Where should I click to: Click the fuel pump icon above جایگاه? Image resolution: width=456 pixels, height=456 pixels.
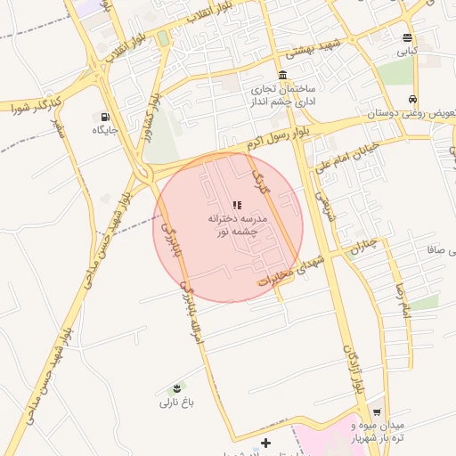point(106,116)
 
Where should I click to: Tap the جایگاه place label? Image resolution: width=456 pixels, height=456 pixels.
point(106,130)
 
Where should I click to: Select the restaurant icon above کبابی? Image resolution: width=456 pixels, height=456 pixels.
point(408,38)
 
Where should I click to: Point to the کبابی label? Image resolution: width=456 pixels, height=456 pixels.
point(409,53)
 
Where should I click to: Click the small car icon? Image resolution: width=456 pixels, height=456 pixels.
point(412,100)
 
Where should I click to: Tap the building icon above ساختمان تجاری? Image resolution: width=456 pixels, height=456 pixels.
point(283,75)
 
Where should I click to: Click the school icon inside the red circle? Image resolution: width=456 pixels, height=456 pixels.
point(237,205)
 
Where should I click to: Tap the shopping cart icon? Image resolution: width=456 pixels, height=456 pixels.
point(377,412)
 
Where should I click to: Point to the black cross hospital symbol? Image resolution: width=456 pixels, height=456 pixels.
point(265,443)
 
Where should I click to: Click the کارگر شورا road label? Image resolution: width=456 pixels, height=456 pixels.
point(28,106)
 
